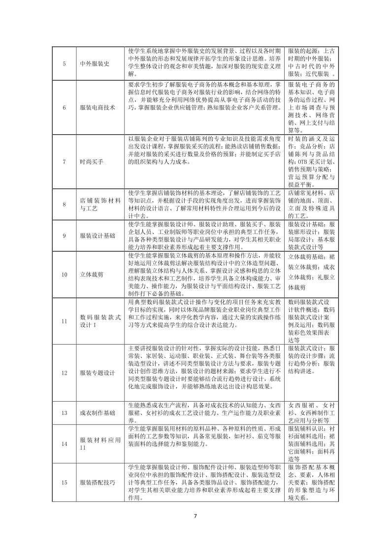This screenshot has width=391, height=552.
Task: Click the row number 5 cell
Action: point(65,63)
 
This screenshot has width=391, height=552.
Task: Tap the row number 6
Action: point(65,108)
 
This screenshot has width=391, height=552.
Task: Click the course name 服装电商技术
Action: point(98,108)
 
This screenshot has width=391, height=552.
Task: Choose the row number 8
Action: point(65,204)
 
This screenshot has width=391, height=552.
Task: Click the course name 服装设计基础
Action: point(98,235)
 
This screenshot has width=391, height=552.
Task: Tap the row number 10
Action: point(65,274)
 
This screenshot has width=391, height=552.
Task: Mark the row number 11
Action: point(65,321)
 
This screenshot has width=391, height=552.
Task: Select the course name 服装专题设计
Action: point(98,373)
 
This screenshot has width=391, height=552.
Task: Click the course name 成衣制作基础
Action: point(98,413)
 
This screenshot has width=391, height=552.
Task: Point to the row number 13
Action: point(65,413)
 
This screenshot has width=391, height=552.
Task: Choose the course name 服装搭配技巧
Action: point(98,482)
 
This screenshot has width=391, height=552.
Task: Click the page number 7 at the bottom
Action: point(195,516)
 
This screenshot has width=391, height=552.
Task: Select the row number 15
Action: point(65,482)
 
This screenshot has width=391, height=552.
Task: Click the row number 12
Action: point(65,373)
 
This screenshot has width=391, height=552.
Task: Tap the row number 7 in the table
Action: point(65,161)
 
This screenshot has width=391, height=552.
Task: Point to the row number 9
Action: point(65,235)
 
